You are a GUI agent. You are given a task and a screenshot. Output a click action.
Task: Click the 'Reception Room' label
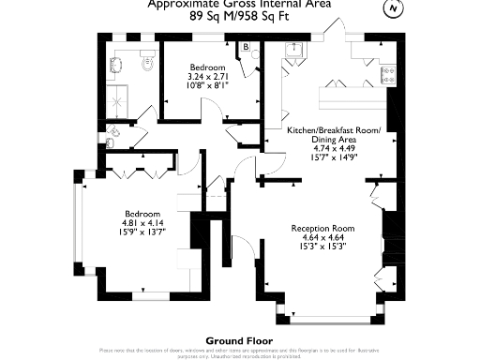click(322, 229)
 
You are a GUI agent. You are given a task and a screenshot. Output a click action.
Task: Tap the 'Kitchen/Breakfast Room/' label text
click(333, 129)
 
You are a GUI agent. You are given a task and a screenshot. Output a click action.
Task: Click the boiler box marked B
click(246, 47)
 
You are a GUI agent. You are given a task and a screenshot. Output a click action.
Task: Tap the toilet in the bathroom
click(146, 63)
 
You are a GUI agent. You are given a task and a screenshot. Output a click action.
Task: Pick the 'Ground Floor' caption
click(239, 340)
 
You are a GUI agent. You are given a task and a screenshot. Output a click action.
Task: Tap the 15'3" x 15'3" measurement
click(322, 247)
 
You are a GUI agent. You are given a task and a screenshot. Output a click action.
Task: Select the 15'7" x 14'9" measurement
click(333, 157)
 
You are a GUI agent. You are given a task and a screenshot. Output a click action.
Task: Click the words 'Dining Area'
click(333, 139)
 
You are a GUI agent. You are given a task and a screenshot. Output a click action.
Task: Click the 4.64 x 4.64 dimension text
click(322, 238)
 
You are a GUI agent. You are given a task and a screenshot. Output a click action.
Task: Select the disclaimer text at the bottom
click(239, 352)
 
